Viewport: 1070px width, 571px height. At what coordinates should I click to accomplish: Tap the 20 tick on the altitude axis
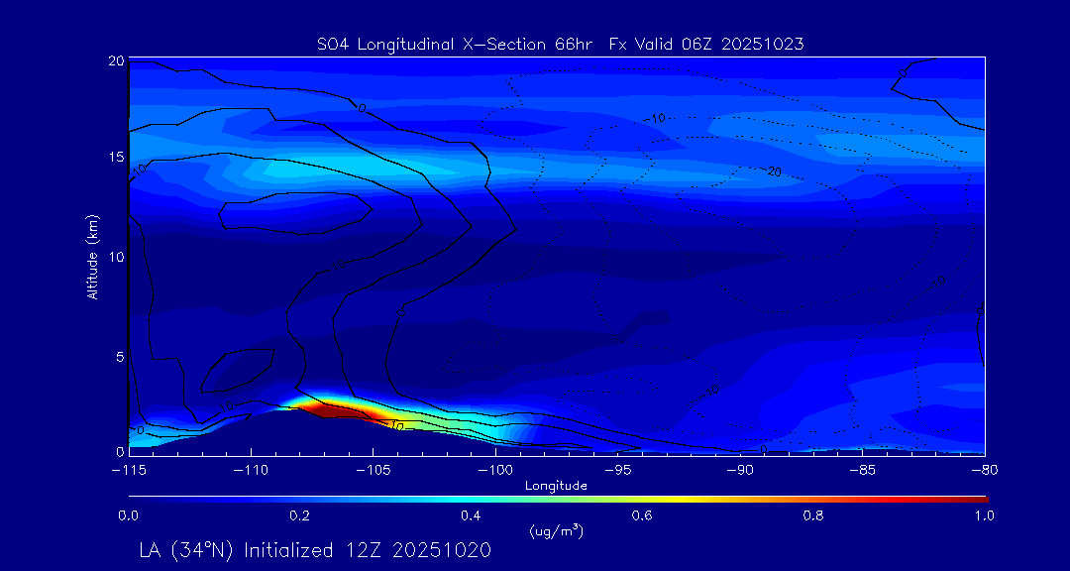click(x=116, y=60)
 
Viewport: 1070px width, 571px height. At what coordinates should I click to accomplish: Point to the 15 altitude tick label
click(x=116, y=159)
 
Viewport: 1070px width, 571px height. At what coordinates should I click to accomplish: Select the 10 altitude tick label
click(x=116, y=257)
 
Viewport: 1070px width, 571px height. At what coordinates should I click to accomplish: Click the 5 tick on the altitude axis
click(x=119, y=355)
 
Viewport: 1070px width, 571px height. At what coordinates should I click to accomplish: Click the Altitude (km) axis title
click(x=93, y=257)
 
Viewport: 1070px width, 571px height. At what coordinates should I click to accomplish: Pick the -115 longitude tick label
click(x=129, y=469)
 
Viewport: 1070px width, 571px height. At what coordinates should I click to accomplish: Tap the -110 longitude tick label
click(x=251, y=469)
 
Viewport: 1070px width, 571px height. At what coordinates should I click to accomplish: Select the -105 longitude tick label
click(x=373, y=469)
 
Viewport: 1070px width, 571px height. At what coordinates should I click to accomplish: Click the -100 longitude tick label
click(x=495, y=469)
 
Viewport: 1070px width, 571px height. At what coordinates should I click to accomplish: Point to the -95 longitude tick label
click(x=617, y=469)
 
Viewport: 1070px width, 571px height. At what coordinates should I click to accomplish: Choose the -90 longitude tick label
click(x=740, y=469)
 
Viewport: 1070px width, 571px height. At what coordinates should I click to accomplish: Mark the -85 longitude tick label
click(x=862, y=469)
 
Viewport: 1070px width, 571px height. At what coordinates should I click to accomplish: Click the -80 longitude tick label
click(x=984, y=469)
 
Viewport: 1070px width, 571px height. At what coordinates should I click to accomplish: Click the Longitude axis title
click(x=557, y=486)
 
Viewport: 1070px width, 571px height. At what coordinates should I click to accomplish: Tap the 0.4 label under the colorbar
click(x=471, y=515)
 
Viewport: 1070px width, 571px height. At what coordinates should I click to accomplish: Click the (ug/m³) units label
click(x=557, y=532)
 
